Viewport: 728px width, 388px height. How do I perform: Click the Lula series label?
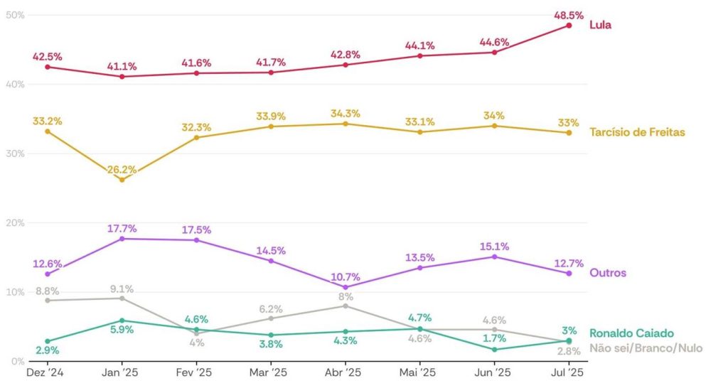coord(601,25)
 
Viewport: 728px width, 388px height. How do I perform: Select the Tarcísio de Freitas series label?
coord(637,132)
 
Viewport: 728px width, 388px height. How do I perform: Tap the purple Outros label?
coord(608,273)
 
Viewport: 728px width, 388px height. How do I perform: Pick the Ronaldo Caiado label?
coord(631,333)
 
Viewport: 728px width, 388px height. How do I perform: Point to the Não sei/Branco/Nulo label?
coord(646,348)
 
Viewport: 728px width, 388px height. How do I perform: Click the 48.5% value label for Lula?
coord(569,14)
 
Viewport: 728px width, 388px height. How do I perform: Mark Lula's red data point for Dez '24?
coord(48,67)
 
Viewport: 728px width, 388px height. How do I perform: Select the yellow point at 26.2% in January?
coord(122,180)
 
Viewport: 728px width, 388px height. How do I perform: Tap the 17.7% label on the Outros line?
coord(122,229)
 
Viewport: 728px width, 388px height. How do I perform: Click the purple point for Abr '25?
coord(346,287)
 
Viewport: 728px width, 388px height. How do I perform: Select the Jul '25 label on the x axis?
coord(569,372)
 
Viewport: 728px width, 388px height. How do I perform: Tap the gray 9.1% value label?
coord(122,289)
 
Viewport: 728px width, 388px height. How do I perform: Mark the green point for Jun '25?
coord(494,349)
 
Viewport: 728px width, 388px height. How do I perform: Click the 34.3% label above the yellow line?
coord(346,114)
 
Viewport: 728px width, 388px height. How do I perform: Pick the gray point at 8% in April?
coord(346,306)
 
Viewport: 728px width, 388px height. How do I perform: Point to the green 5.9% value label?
coord(122,330)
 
